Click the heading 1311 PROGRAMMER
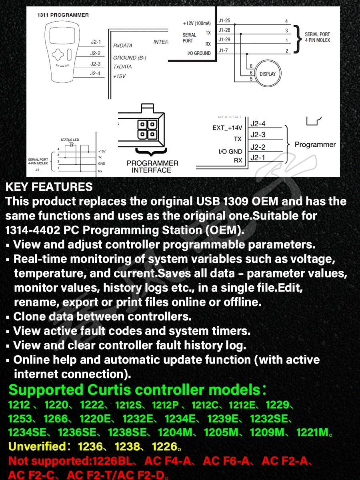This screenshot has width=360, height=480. [x=63, y=15]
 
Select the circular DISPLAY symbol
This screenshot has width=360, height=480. [x=268, y=74]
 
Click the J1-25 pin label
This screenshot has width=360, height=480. [x=224, y=20]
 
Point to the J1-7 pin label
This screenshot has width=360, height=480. [x=223, y=50]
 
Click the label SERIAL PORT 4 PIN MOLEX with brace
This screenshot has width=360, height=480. [x=317, y=37]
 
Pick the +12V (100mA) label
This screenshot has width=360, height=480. [x=197, y=24]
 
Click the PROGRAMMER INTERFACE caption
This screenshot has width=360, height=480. [x=152, y=166]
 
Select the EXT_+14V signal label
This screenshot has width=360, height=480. [x=227, y=128]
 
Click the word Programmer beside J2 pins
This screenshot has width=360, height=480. [x=315, y=144]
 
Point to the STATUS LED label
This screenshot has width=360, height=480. [x=70, y=140]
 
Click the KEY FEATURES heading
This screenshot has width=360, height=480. [x=49, y=187]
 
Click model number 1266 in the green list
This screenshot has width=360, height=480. [x=55, y=419]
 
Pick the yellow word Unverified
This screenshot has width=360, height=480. [x=36, y=446]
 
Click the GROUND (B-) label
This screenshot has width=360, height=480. [x=130, y=58]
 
